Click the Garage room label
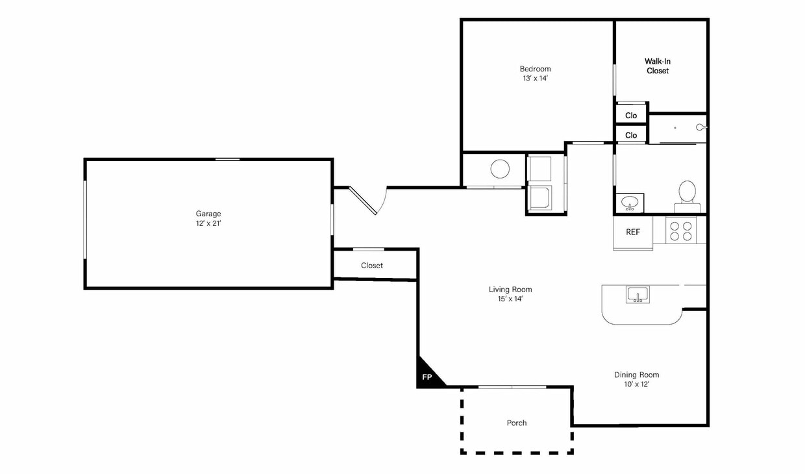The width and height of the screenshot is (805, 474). [x=208, y=214]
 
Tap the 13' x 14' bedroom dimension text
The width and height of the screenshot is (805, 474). [x=535, y=79]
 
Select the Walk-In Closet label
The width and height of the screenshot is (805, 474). [x=657, y=66]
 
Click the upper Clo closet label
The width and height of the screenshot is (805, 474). [x=631, y=116]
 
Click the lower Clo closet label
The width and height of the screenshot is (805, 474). [x=631, y=135]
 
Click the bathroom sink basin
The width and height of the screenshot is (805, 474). [x=629, y=203]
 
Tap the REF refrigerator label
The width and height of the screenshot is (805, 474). [x=633, y=232]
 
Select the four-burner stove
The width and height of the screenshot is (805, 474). [x=681, y=231]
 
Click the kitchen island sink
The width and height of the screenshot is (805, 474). [x=638, y=295]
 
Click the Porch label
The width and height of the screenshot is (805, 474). [x=517, y=423]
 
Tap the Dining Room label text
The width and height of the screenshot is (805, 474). [x=636, y=375]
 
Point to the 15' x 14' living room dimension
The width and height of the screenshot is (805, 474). [x=510, y=299]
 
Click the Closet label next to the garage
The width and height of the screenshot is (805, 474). [x=372, y=266]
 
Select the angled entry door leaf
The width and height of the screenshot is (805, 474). [x=363, y=201]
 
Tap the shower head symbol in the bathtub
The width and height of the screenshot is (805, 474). [x=700, y=127]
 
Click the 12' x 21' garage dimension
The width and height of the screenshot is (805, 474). [x=208, y=223]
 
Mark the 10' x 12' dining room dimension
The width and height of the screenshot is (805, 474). [x=636, y=384]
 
